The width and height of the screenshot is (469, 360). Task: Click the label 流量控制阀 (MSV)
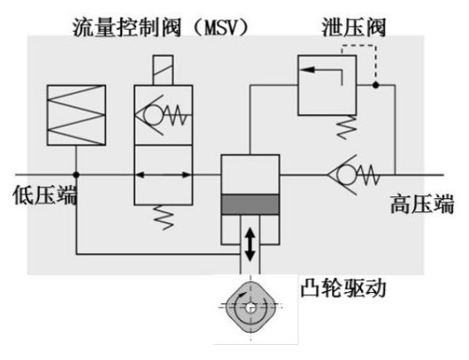[161, 27]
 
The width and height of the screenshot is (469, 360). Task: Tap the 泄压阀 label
[354, 27]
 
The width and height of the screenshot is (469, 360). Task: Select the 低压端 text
[44, 195]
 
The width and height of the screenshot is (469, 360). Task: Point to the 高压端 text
[422, 203]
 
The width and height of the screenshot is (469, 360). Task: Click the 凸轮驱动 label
[343, 287]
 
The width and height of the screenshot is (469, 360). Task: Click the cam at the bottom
[250, 307]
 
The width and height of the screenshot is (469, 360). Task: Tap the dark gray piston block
[250, 204]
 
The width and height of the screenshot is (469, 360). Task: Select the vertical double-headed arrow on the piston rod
[250, 245]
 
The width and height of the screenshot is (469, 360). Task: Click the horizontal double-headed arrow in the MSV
[164, 174]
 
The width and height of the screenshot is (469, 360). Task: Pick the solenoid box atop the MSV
[163, 70]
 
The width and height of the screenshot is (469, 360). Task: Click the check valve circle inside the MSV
[153, 114]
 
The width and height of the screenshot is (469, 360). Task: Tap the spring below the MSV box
[164, 218]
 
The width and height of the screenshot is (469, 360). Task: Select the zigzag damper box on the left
[76, 115]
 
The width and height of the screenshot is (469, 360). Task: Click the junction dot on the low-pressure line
[76, 174]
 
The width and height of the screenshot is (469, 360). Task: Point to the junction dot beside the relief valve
[376, 85]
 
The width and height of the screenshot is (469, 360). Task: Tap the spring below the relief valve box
[347, 127]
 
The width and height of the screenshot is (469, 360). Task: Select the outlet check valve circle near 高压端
[347, 174]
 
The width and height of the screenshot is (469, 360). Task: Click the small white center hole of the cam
[250, 308]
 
